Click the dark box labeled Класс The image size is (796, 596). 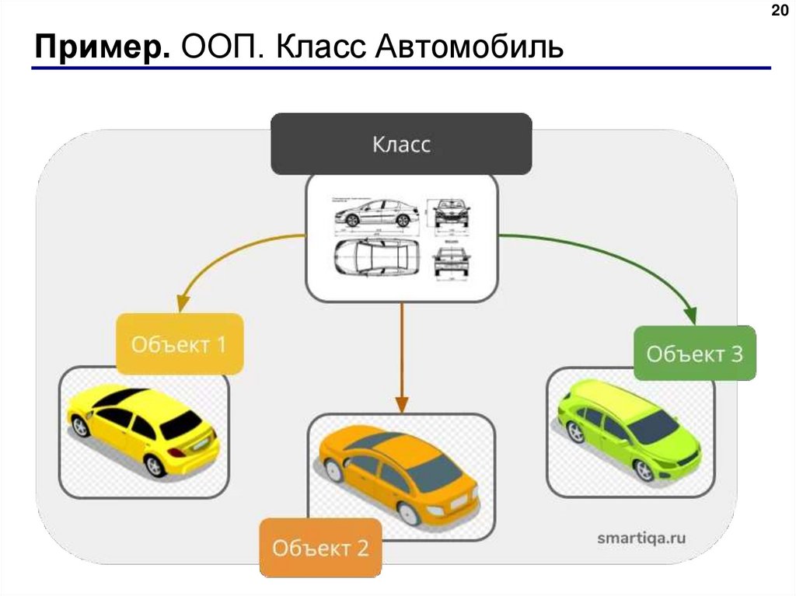click(401, 145)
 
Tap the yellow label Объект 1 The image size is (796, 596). click(180, 344)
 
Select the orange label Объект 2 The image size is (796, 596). click(319, 548)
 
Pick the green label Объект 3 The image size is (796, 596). click(695, 354)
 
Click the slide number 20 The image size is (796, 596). click(778, 11)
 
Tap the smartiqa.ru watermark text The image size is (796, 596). click(642, 537)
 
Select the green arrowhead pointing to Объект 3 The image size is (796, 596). click(690, 315)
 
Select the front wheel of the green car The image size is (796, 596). click(644, 469)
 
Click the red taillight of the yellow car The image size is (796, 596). click(176, 451)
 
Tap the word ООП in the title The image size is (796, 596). click(225, 48)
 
